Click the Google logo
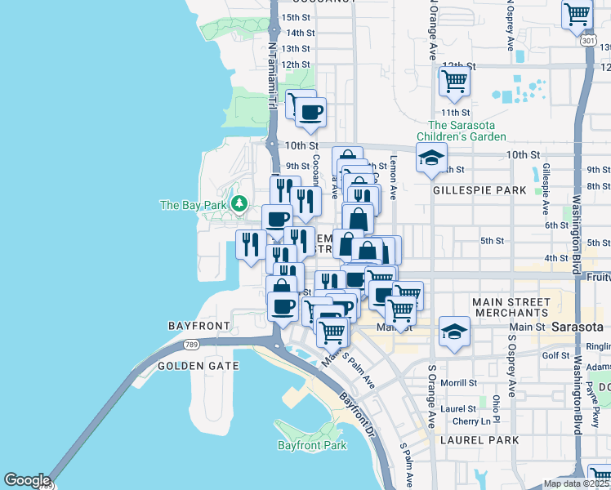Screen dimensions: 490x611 (27, 480)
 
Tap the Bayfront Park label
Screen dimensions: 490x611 (312, 445)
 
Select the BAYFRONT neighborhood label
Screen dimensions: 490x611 (199, 325)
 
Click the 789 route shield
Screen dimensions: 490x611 (190, 345)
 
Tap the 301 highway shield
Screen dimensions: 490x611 (588, 40)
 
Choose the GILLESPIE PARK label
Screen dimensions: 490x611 (479, 190)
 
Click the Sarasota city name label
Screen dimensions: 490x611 (577, 327)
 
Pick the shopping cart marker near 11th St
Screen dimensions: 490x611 (453, 81)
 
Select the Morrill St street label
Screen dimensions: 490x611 (460, 382)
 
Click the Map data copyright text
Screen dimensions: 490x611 (576, 483)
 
